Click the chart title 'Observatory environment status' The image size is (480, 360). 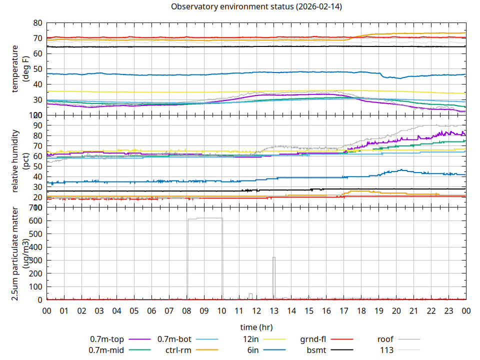click(256, 7)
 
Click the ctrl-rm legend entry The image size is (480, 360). click(178, 350)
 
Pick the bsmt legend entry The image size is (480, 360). click(316, 350)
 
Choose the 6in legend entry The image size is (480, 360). click(253, 350)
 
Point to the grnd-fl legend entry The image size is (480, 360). click(313, 339)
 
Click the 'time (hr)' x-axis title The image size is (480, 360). click(256, 327)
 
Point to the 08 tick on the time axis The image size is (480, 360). click(186, 311)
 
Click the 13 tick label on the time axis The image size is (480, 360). click(274, 311)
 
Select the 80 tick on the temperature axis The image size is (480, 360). click(37, 23)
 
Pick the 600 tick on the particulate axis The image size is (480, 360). click(35, 220)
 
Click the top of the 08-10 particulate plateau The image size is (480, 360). click(205, 218)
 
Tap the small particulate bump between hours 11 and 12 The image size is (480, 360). click(250, 294)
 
